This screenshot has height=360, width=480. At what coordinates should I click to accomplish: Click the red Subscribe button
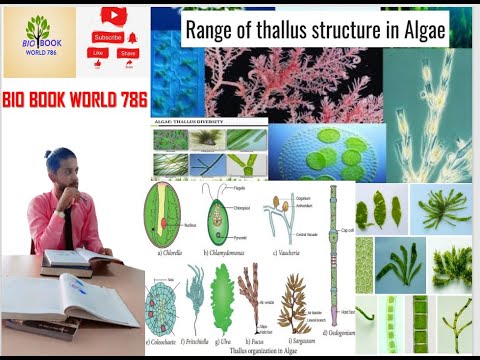coord(107,37)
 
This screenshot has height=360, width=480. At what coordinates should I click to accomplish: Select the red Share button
coord(128,53)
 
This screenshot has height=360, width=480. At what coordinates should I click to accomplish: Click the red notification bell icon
coord(132,37)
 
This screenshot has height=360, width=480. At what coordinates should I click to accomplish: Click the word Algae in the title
coord(420,31)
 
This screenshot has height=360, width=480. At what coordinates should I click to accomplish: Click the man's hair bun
coord(49,154)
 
